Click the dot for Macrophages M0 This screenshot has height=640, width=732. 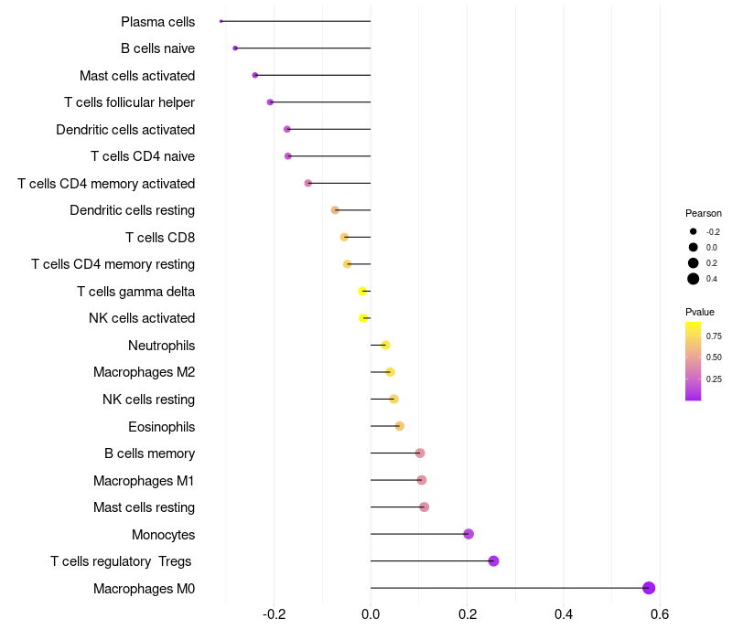pyautogui.click(x=649, y=588)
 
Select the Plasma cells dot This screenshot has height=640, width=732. pyautogui.click(x=221, y=21)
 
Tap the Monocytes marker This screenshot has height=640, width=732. pyautogui.click(x=468, y=534)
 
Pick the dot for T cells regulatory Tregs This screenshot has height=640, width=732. pyautogui.click(x=493, y=561)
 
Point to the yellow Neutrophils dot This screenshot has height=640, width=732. pyautogui.click(x=385, y=345)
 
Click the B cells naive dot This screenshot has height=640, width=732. pyautogui.click(x=235, y=48)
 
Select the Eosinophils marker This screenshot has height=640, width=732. pyautogui.click(x=399, y=426)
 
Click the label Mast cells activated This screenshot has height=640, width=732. pyautogui.click(x=137, y=75)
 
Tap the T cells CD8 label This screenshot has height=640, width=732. pyautogui.click(x=160, y=238)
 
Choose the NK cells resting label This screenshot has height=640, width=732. pyautogui.click(x=148, y=400)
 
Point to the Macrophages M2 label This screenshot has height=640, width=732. pyautogui.click(x=144, y=372)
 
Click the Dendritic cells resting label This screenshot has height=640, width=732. pyautogui.click(x=132, y=210)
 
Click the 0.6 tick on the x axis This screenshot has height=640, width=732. pyautogui.click(x=660, y=613)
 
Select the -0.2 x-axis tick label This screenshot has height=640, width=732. pyautogui.click(x=274, y=613)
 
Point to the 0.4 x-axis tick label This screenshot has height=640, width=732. pyautogui.click(x=564, y=613)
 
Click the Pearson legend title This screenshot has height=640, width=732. pyautogui.click(x=704, y=213)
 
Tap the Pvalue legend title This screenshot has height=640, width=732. pyautogui.click(x=700, y=312)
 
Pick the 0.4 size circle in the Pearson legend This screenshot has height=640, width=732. pyautogui.click(x=694, y=279)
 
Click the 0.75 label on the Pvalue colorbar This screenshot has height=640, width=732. pyautogui.click(x=714, y=336)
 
